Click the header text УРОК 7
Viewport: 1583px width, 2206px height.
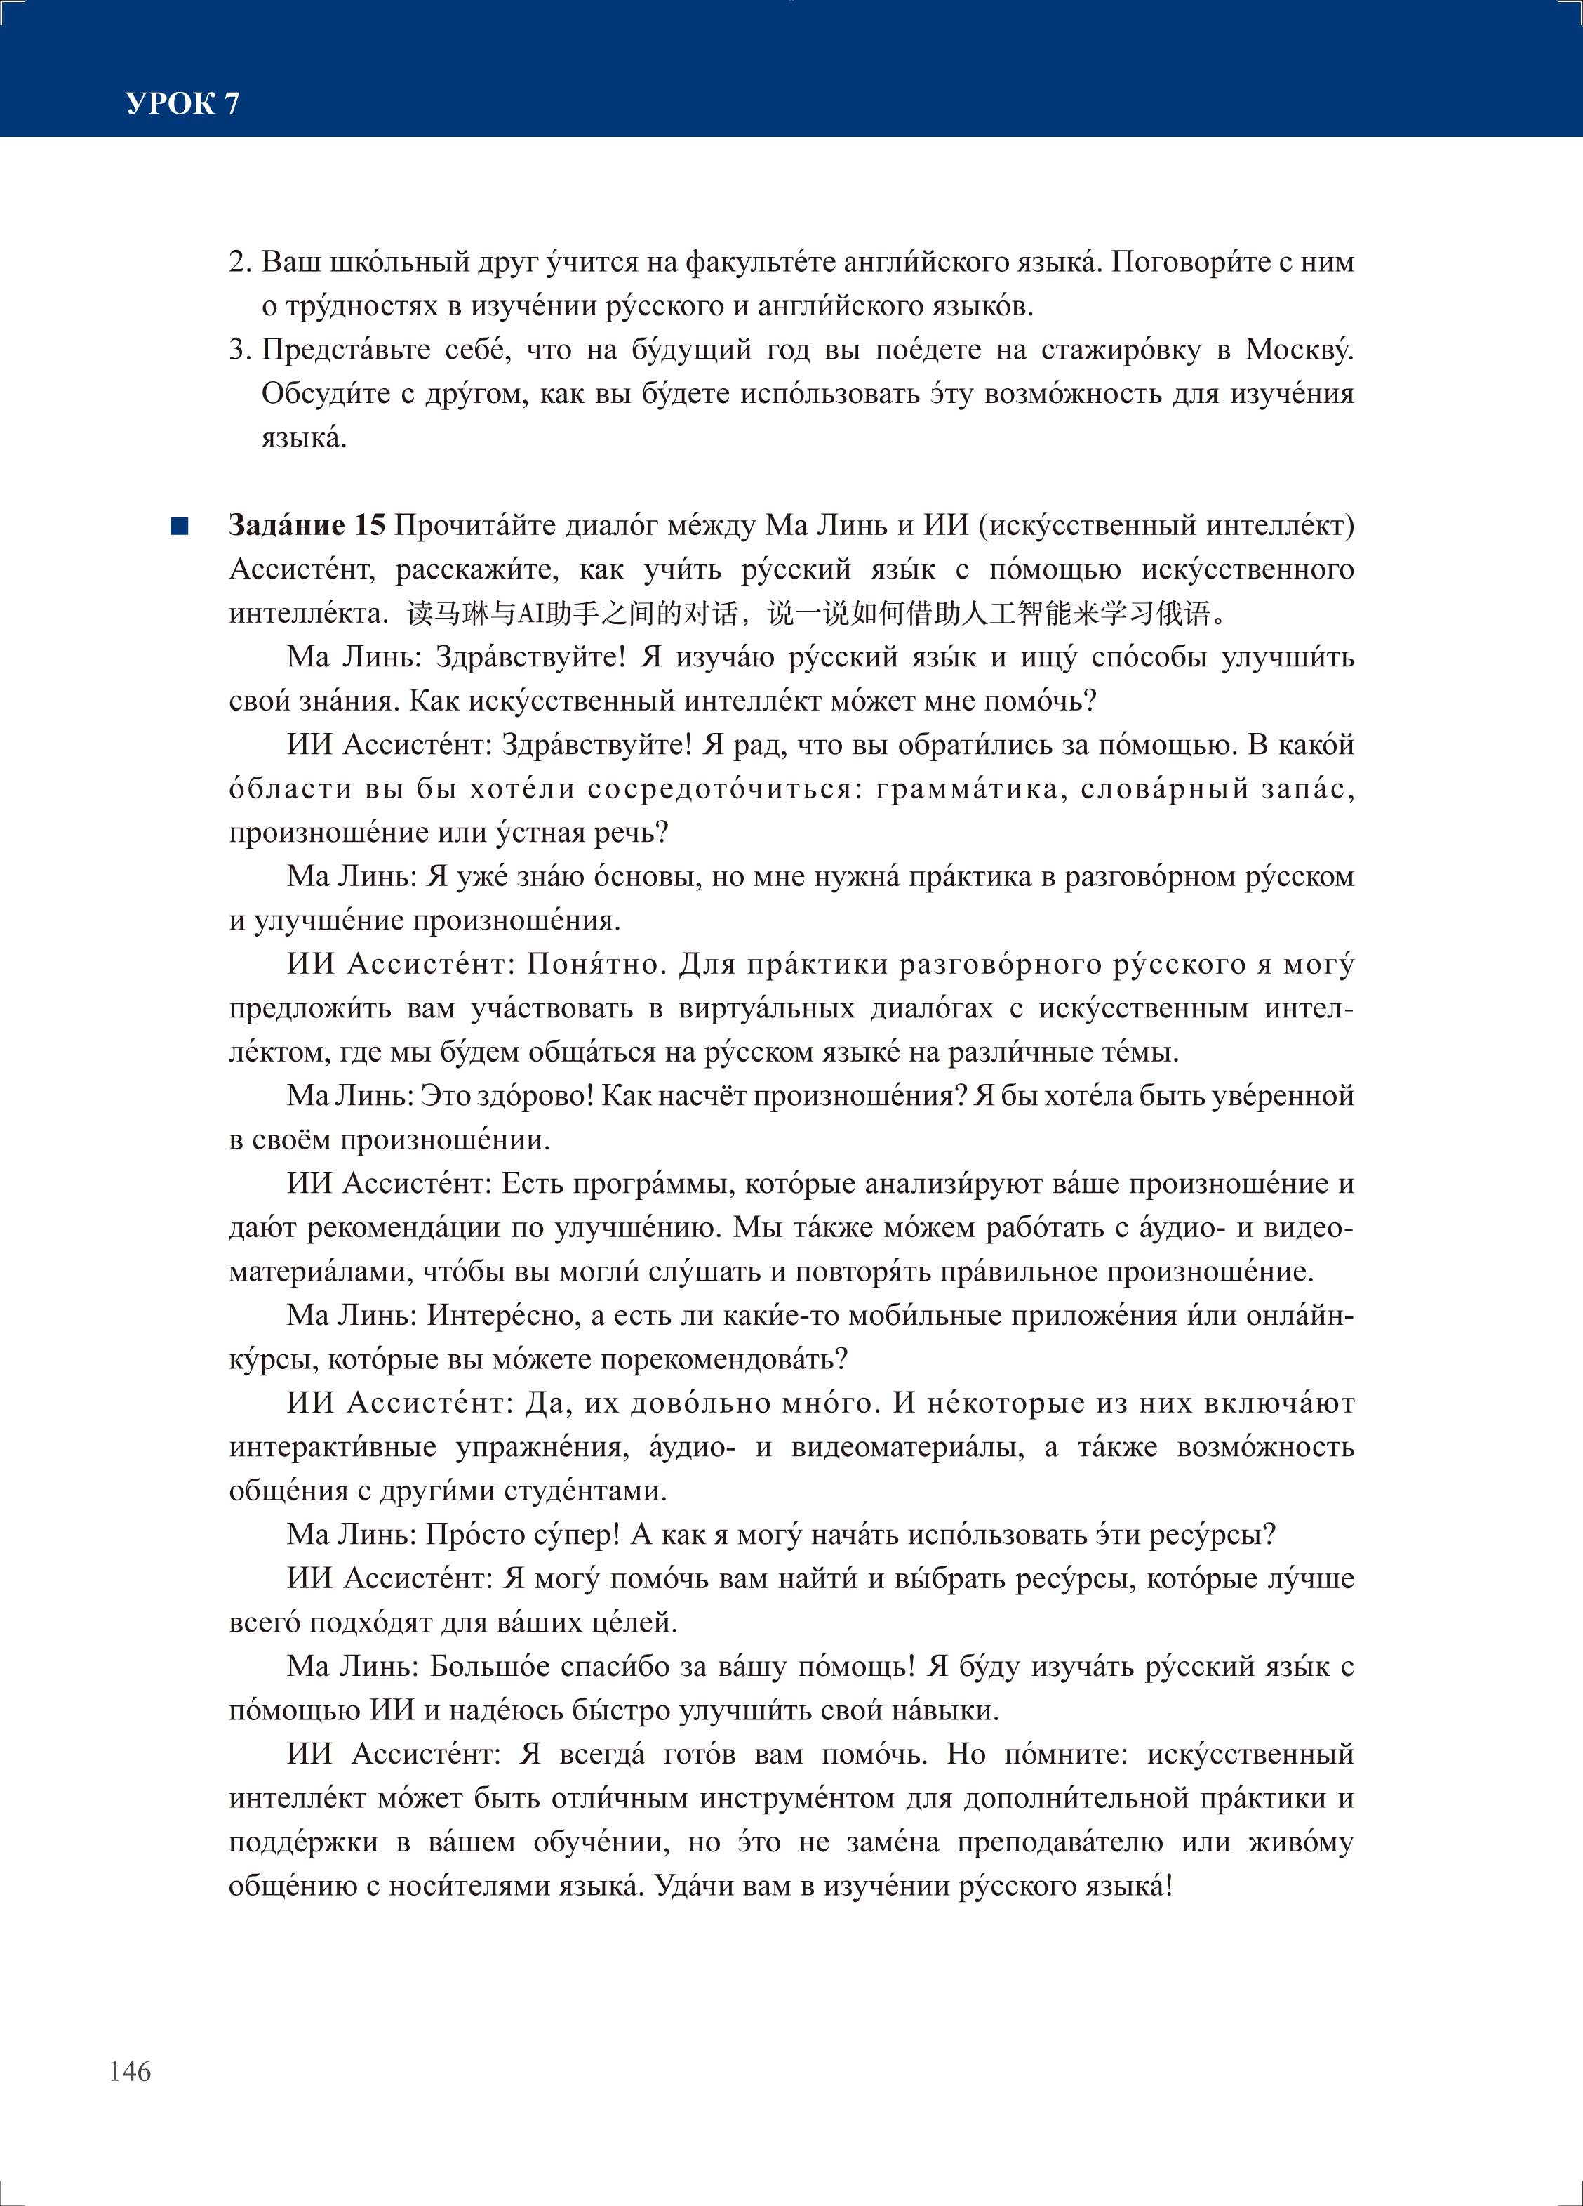(x=182, y=103)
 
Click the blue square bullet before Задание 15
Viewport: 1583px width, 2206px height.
(x=179, y=526)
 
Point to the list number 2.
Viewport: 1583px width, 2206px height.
(x=239, y=263)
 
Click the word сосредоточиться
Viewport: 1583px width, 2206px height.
(x=719, y=789)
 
